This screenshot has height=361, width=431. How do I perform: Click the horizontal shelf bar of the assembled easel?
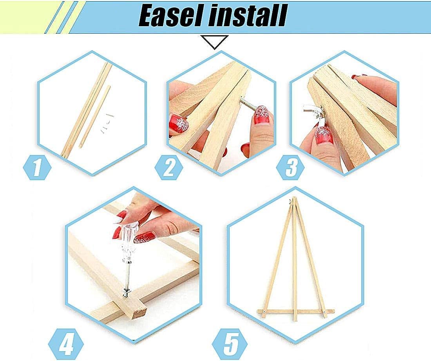[x=296, y=312]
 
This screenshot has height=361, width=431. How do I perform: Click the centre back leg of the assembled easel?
[x=295, y=266]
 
